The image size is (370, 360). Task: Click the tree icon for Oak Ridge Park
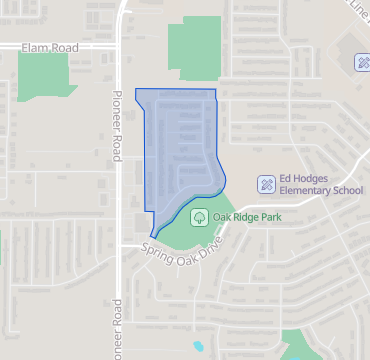198,216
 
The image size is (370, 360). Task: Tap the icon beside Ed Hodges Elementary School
267,184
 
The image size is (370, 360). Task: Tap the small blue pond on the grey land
198,346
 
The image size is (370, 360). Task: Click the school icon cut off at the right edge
363,63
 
